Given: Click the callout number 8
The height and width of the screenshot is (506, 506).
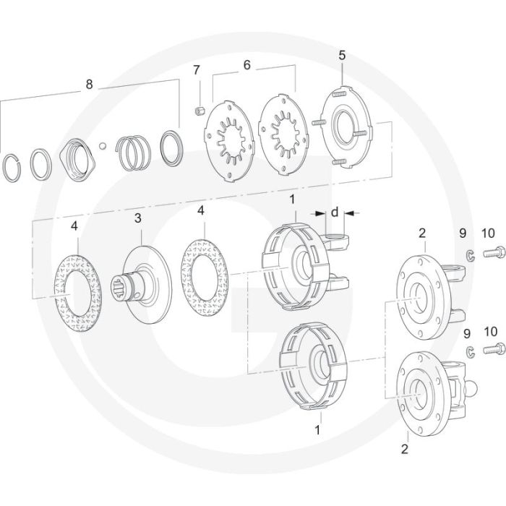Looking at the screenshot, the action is [89, 85].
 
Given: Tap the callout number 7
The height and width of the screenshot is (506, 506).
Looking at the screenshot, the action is [197, 69].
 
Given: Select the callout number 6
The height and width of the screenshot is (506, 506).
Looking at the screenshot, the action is [246, 65].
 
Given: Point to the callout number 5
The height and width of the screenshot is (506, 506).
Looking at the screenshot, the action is [342, 55].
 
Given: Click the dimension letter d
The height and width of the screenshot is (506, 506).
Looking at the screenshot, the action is [335, 212].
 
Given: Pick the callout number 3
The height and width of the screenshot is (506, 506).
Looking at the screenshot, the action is [138, 218].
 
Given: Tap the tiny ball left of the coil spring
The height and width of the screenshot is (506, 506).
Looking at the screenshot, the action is [103, 146].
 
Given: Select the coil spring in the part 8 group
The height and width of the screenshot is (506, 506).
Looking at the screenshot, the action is [133, 152].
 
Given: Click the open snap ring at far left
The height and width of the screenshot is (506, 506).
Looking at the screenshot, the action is [12, 168].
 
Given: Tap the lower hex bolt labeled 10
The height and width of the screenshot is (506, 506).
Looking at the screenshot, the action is [494, 348].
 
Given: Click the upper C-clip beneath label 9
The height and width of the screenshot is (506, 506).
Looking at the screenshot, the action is [470, 256].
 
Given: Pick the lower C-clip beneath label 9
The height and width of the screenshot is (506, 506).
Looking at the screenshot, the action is [471, 352].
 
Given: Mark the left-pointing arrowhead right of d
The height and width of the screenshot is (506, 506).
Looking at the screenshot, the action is [349, 213].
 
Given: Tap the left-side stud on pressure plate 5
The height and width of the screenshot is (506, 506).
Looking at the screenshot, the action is [318, 123].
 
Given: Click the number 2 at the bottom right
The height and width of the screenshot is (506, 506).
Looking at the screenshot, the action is [405, 449].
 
